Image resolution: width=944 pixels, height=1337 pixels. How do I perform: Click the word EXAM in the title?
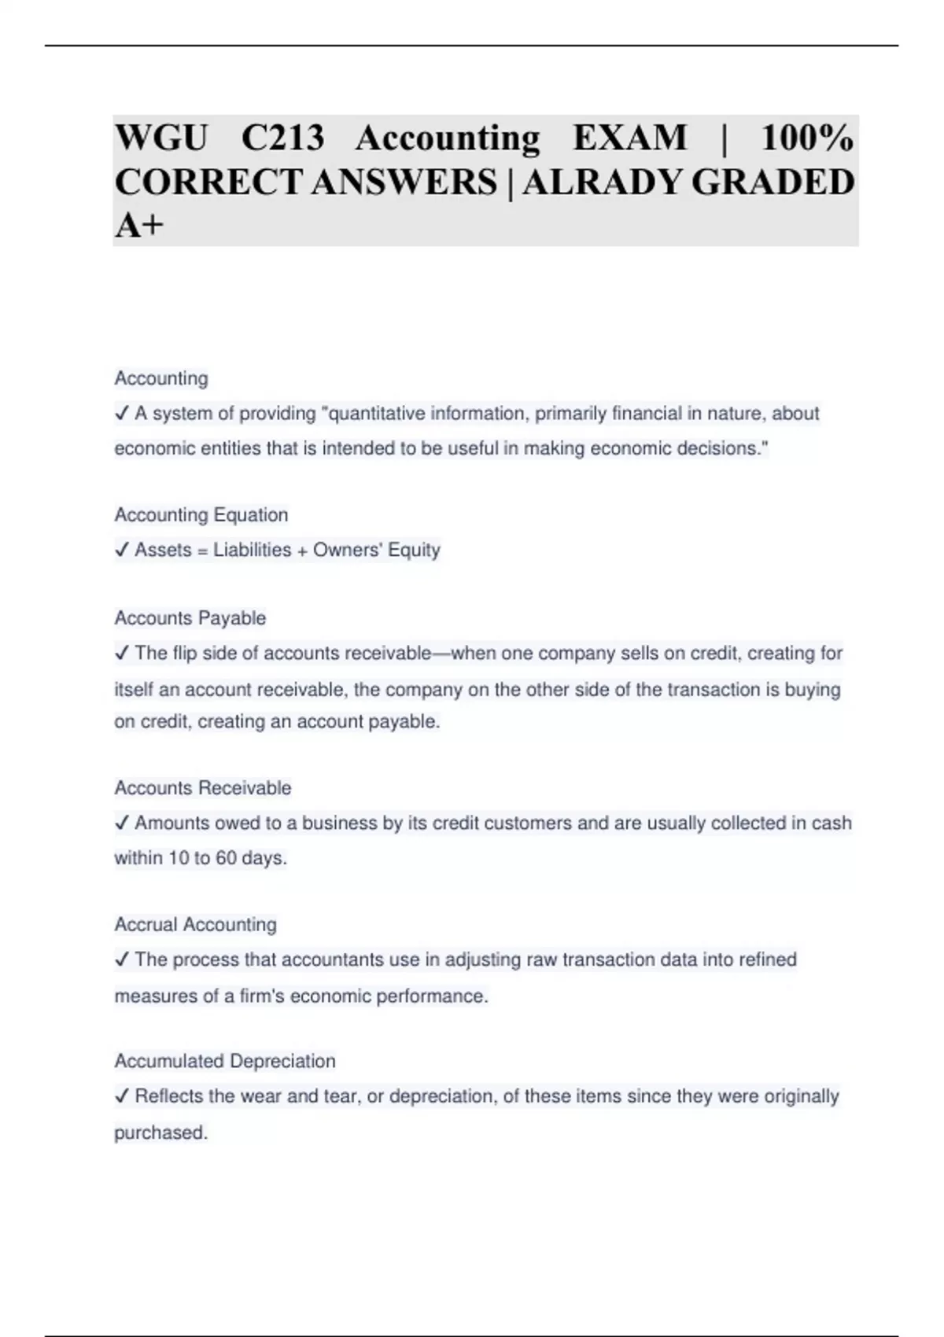click(x=629, y=138)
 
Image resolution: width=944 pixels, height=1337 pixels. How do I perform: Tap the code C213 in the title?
click(x=282, y=138)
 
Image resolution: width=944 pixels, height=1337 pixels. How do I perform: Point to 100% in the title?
click(x=806, y=138)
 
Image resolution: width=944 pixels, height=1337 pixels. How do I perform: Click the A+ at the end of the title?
click(x=139, y=226)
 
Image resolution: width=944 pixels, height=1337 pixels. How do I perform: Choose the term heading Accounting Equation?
click(x=201, y=515)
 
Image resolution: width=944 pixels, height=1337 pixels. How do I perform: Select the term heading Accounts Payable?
click(x=190, y=618)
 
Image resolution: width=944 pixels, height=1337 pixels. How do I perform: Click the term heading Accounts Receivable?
click(x=203, y=788)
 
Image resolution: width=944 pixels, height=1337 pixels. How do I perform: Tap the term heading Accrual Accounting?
click(x=196, y=925)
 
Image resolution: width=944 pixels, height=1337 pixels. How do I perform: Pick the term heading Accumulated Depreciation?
click(x=225, y=1062)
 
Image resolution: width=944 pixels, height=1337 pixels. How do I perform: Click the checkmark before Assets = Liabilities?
click(x=122, y=550)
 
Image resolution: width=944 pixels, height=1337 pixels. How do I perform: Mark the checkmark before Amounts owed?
click(x=122, y=823)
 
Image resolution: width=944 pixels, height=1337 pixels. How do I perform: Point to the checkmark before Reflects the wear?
click(x=122, y=1096)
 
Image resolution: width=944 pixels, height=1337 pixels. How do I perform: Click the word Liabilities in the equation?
click(x=252, y=550)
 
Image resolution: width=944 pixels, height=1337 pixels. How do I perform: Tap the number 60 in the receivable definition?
click(x=226, y=858)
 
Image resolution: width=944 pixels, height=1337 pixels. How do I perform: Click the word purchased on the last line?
click(x=160, y=1133)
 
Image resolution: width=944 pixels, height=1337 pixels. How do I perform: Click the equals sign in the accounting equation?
click(x=202, y=551)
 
